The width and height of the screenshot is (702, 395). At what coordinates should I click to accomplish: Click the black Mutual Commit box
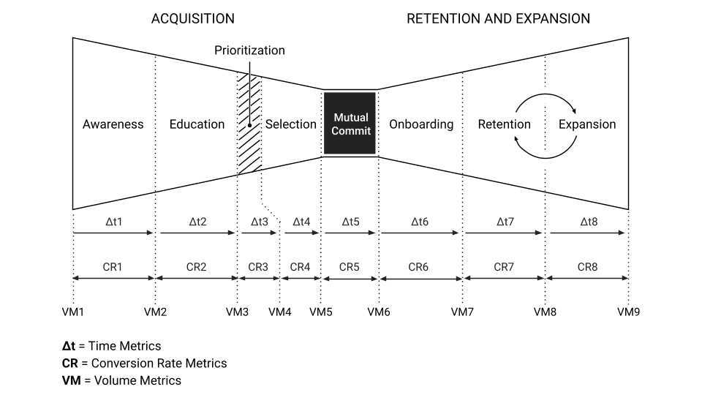[x=351, y=124]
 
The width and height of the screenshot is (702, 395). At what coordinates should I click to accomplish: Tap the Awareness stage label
[x=113, y=124]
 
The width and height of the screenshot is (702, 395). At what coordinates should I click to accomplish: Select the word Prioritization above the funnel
[x=249, y=50]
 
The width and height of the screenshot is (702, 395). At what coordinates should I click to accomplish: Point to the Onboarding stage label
[x=421, y=124]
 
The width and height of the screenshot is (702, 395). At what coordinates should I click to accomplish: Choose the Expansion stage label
[x=587, y=124]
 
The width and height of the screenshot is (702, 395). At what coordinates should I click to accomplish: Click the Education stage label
[x=197, y=124]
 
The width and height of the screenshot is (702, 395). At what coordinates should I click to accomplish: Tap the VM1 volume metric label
[x=73, y=312]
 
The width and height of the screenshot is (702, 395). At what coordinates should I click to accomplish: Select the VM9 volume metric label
[x=628, y=312]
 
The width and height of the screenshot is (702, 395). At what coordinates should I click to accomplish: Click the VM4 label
[x=279, y=312]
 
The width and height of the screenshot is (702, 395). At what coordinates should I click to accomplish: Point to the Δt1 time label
[x=113, y=221]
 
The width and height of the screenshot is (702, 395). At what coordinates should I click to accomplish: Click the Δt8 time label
[x=587, y=221]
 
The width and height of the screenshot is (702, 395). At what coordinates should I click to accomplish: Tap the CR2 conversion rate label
[x=196, y=267]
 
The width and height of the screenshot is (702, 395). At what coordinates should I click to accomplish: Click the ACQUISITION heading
[x=193, y=18]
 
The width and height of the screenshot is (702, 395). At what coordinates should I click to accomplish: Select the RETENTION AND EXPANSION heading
[x=498, y=18]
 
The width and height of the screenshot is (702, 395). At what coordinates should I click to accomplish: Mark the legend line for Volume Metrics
[x=121, y=380]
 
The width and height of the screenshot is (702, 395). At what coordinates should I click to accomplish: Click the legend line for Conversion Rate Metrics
[x=144, y=363]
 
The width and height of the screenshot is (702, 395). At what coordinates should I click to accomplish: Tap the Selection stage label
[x=290, y=124]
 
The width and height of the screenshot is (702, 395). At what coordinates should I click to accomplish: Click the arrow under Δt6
[x=420, y=233]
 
